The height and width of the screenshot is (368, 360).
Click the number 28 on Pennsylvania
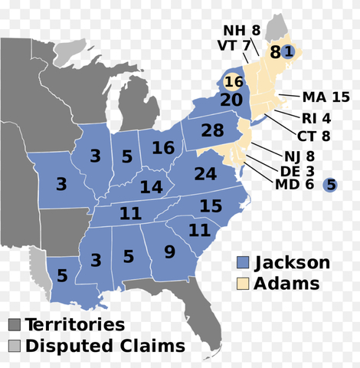tap(212, 130)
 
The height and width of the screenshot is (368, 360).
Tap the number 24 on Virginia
tap(205, 174)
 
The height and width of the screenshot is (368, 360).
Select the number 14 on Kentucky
tap(151, 187)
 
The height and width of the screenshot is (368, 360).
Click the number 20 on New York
tap(231, 100)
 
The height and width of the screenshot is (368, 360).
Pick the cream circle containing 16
tap(234, 81)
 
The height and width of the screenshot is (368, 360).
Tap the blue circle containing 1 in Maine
tap(288, 51)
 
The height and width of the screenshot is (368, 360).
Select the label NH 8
tap(241, 31)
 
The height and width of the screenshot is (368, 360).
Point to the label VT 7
tap(235, 45)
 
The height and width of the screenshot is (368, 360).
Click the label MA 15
tap(325, 97)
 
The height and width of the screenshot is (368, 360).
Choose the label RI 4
tap(316, 119)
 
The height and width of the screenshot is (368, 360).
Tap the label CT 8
tap(314, 136)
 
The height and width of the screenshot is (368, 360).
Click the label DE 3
tap(286, 169)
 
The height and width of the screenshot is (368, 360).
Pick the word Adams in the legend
tap(292, 284)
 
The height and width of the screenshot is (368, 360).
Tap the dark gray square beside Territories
tap(15, 326)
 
